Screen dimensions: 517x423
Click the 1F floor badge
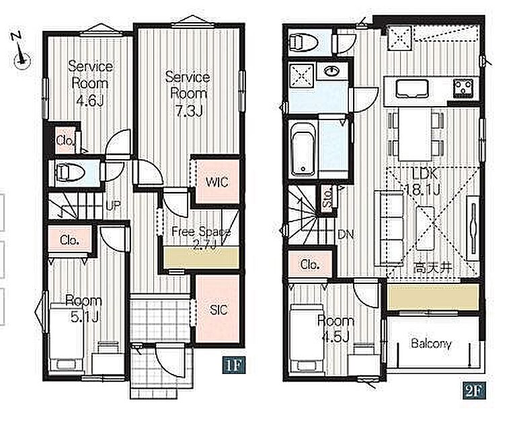235,365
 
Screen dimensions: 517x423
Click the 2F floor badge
474,391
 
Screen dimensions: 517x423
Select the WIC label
216,182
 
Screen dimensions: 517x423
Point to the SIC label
218,310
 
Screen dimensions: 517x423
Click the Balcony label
431,344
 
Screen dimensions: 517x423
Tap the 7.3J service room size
188,111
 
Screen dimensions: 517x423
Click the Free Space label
201,232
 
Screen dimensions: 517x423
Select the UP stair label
113,205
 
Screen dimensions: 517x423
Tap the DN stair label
346,234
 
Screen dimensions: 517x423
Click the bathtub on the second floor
303,149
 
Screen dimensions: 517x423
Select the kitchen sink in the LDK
412,88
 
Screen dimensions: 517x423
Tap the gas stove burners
463,87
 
